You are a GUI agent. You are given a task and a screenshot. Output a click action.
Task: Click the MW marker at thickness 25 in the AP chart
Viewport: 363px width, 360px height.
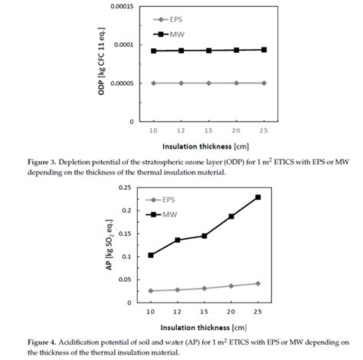coord(258,197)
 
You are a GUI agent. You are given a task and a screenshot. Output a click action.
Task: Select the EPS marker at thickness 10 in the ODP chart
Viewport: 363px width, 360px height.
coord(153,83)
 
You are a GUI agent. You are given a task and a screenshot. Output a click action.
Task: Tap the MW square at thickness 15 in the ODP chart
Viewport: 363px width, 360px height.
coord(209,51)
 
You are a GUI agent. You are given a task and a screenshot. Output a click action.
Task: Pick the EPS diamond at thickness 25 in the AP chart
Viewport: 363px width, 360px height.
coord(258,283)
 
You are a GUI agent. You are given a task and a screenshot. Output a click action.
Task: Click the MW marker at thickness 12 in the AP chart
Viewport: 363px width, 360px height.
coord(178,240)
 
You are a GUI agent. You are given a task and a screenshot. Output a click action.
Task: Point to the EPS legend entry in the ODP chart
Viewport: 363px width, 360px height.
coord(168,20)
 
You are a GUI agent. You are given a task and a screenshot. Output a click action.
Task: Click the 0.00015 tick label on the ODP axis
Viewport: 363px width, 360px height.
coord(122,6)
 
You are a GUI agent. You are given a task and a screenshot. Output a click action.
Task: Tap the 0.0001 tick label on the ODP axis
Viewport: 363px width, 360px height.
coord(124,44)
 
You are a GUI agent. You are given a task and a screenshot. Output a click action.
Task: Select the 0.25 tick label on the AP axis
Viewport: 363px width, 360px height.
coord(125,188)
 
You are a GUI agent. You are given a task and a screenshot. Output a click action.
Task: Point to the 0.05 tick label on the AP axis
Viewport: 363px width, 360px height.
coord(125,280)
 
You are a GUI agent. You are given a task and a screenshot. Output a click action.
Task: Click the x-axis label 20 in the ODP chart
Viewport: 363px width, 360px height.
coord(236,130)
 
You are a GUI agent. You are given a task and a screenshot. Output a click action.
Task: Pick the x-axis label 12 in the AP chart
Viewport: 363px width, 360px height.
coord(178,312)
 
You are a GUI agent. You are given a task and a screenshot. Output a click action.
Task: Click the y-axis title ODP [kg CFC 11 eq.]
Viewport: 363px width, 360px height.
coord(101,61)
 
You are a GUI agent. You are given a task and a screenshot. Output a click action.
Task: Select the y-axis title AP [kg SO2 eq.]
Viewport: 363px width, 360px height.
coord(110,244)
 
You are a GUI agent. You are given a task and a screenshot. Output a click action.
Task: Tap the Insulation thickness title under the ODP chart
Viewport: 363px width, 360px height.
coord(205,146)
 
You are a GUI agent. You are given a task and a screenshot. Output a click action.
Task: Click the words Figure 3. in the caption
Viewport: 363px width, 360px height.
coord(42,162)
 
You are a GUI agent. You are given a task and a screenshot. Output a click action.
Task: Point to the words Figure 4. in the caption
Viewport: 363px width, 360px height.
coord(42,342)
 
